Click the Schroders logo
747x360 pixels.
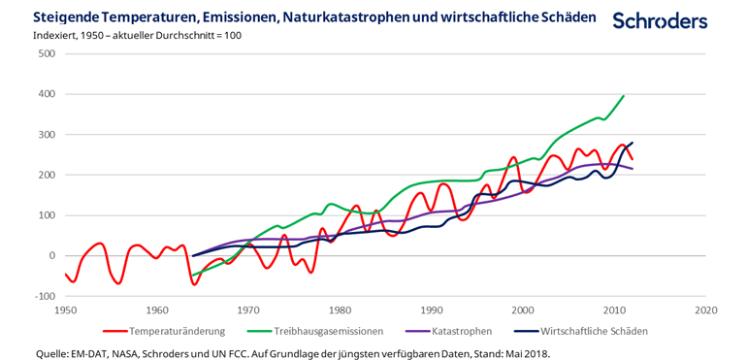660,20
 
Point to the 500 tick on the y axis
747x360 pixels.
45,53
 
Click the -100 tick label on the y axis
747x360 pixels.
43,296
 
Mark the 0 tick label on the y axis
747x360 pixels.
50,255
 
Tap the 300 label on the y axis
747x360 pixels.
45,134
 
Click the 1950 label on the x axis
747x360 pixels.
65,311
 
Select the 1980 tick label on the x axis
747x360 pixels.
340,311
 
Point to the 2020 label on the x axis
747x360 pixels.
705,311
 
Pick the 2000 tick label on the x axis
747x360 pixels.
523,311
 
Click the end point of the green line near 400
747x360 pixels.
623,95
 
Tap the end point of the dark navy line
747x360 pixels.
632,143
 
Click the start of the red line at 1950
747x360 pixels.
66,274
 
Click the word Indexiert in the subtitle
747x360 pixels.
56,36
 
